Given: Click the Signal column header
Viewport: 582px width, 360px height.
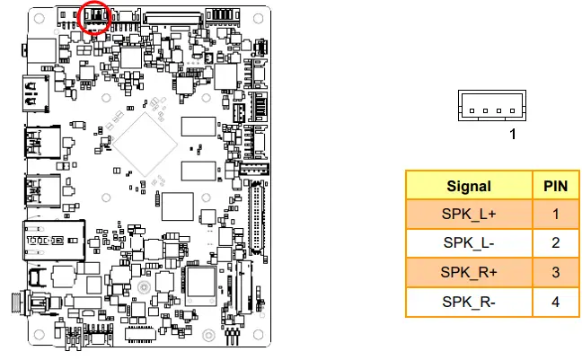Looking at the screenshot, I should coord(469,186).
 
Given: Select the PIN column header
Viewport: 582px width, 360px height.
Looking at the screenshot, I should coord(556,186).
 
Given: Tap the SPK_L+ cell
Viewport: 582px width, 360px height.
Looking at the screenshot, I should coord(469,215).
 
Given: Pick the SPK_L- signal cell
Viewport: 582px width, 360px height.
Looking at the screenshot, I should coord(469,243).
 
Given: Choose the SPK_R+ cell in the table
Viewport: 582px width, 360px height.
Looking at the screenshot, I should coord(469,272).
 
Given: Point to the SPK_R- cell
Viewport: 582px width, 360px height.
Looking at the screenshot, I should coord(469,301).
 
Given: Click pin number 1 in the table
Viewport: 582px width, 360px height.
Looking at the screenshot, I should coord(556,215).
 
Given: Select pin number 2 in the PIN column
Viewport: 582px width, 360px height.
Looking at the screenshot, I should coord(556,243).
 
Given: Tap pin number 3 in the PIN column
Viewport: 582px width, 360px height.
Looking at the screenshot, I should coord(556,272).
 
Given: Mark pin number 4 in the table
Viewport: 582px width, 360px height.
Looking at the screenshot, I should coord(556,301).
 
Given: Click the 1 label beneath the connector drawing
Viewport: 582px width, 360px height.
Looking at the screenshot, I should coord(513,135).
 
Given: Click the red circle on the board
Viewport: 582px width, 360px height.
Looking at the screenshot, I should coord(95,16).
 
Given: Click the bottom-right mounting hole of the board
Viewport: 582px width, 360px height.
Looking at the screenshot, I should coord(260,341).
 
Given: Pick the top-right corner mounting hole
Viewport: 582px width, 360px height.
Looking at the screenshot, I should coord(261,16).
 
